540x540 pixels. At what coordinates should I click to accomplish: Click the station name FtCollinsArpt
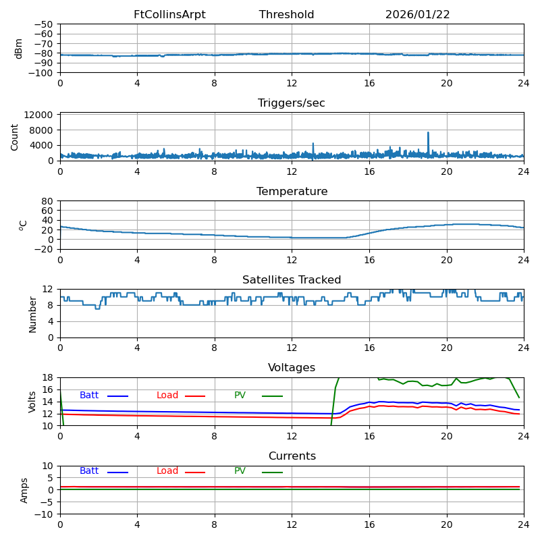pyautogui.click(x=169, y=14)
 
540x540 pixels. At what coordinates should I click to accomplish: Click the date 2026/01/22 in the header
pyautogui.click(x=417, y=14)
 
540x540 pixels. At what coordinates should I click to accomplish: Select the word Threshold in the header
pyautogui.click(x=286, y=14)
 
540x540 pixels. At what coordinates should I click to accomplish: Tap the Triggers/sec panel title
pyautogui.click(x=292, y=103)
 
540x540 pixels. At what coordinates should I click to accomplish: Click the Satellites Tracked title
pyautogui.click(x=292, y=279)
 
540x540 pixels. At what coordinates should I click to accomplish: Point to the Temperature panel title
pyautogui.click(x=292, y=192)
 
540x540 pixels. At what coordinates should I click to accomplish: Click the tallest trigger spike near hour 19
pyautogui.click(x=428, y=133)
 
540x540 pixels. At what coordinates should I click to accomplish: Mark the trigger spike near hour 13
pyautogui.click(x=313, y=144)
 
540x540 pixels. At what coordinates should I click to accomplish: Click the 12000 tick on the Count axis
pyautogui.click(x=38, y=115)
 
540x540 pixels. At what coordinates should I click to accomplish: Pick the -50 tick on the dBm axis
pyautogui.click(x=43, y=24)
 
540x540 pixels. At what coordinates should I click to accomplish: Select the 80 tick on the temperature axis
pyautogui.click(x=47, y=201)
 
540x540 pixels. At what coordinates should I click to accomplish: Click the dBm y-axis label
pyautogui.click(x=18, y=49)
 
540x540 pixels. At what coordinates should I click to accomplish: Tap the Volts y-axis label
pyautogui.click(x=32, y=402)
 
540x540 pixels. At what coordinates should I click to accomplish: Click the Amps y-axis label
pyautogui.click(x=24, y=491)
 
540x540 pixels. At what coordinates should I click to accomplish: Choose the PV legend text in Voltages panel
pyautogui.click(x=240, y=395)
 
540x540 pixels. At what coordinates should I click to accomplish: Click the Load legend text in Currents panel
pyautogui.click(x=167, y=470)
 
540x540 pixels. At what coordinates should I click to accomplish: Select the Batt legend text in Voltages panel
pyautogui.click(x=89, y=395)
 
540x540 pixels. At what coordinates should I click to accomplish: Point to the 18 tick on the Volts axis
pyautogui.click(x=47, y=377)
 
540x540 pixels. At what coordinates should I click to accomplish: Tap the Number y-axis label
pyautogui.click(x=32, y=315)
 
